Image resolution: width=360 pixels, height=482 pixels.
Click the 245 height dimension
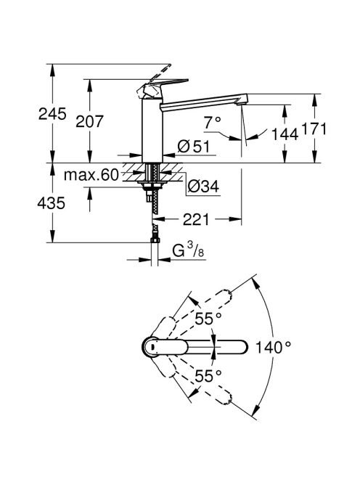point(52,114)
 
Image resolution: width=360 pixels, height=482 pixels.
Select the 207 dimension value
point(90,121)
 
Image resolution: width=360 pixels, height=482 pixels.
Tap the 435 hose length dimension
point(52,203)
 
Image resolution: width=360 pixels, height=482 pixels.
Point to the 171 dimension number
point(314,128)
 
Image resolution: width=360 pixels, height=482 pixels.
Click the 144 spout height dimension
point(285,134)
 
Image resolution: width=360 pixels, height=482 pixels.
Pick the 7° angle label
point(213,123)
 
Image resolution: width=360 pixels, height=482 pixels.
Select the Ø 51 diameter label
point(194,147)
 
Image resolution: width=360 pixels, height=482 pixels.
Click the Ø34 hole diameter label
point(203,187)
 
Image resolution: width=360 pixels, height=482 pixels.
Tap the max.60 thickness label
point(91,175)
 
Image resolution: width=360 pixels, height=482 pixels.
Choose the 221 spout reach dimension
point(196,219)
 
